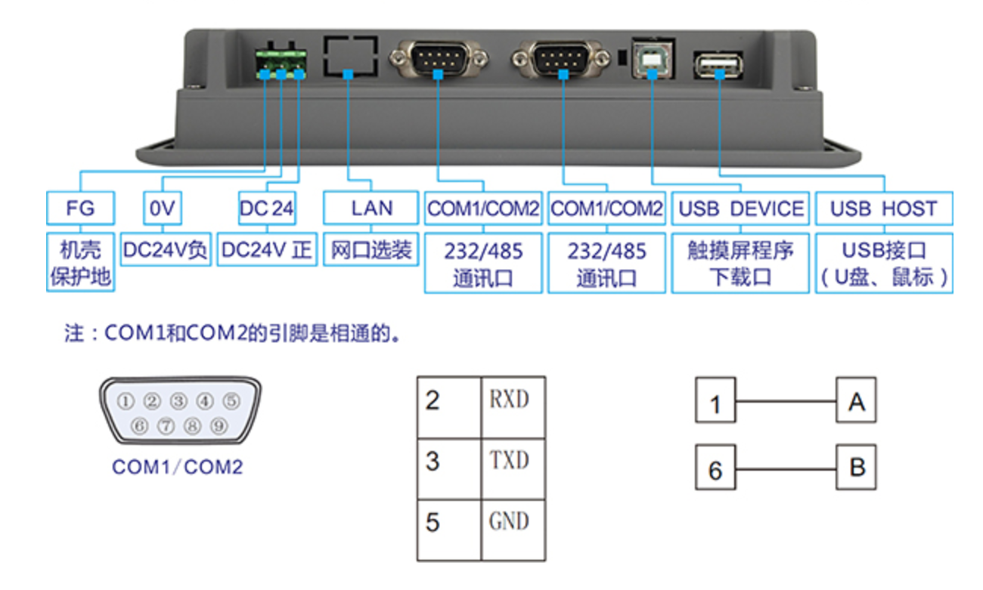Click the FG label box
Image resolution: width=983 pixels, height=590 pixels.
(x=80, y=209)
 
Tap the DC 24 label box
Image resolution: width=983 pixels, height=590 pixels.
(x=266, y=209)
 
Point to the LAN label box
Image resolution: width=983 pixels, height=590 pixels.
(x=371, y=209)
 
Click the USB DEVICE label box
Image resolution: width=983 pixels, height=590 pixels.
(x=740, y=209)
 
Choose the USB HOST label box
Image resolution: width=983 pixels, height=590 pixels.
(x=883, y=209)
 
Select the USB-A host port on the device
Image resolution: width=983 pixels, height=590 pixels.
(x=718, y=63)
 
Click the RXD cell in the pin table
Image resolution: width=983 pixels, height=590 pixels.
(x=512, y=400)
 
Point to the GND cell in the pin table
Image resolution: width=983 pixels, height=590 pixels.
(x=512, y=522)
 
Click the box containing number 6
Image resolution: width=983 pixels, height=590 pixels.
(x=715, y=468)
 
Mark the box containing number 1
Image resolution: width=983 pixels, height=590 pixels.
(x=715, y=403)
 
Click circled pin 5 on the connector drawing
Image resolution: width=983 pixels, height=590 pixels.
(x=231, y=400)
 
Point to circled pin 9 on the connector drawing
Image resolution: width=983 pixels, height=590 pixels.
(x=219, y=425)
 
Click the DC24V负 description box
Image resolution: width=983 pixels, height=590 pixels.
(x=165, y=251)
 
